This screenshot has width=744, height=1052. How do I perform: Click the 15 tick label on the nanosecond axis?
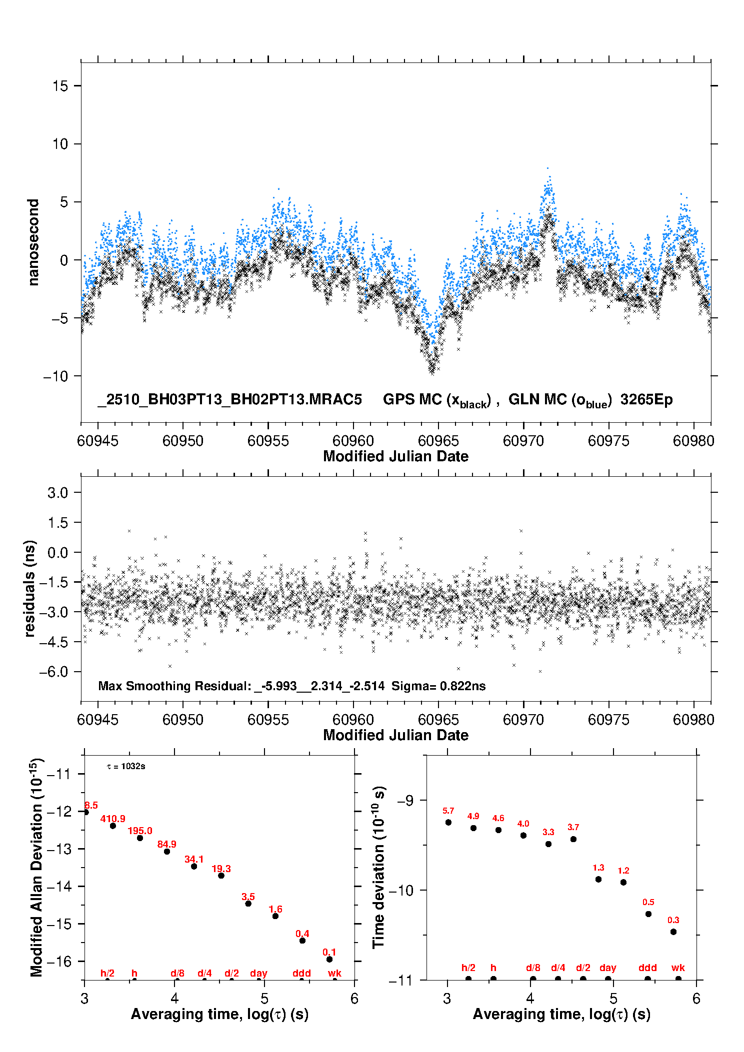pos(60,86)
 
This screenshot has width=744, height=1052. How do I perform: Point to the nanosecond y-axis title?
pos(33,242)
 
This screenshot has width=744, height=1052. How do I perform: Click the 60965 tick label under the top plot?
pos(438,441)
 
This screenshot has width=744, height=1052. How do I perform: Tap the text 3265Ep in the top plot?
pos(646,400)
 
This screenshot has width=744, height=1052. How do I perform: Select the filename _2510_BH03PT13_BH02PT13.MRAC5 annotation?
pos(229,400)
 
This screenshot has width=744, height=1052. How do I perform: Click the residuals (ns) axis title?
pos(30,588)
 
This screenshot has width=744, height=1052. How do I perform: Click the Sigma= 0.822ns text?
pos(438,686)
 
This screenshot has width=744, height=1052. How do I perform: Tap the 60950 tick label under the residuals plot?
pos(183,720)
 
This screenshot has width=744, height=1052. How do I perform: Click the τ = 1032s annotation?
pos(126,767)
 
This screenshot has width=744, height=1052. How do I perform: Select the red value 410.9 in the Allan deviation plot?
pos(112,819)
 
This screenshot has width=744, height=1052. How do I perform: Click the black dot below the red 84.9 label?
pos(167,852)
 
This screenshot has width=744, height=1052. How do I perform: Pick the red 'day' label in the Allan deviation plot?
pos(258,973)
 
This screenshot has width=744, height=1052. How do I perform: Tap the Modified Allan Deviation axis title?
pos(36,867)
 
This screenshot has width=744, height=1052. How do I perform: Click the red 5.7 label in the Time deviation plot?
pos(448,811)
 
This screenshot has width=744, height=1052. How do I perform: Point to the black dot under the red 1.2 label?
pos(623,882)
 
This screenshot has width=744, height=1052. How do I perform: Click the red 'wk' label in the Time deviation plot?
pos(678,968)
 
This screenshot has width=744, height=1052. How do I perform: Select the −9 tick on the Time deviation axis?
pos(406,801)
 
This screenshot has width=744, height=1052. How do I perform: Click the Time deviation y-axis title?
pos(379,867)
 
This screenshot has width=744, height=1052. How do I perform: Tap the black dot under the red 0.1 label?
pos(329,959)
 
